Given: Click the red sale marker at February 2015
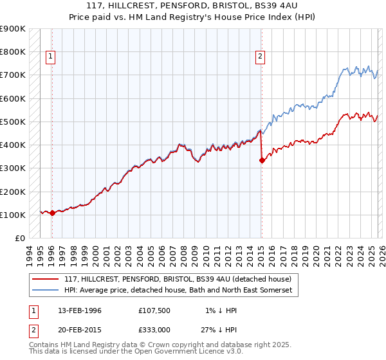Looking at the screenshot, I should [262, 161].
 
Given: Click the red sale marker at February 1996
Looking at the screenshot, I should [52, 213].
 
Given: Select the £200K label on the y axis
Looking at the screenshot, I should [13, 192].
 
